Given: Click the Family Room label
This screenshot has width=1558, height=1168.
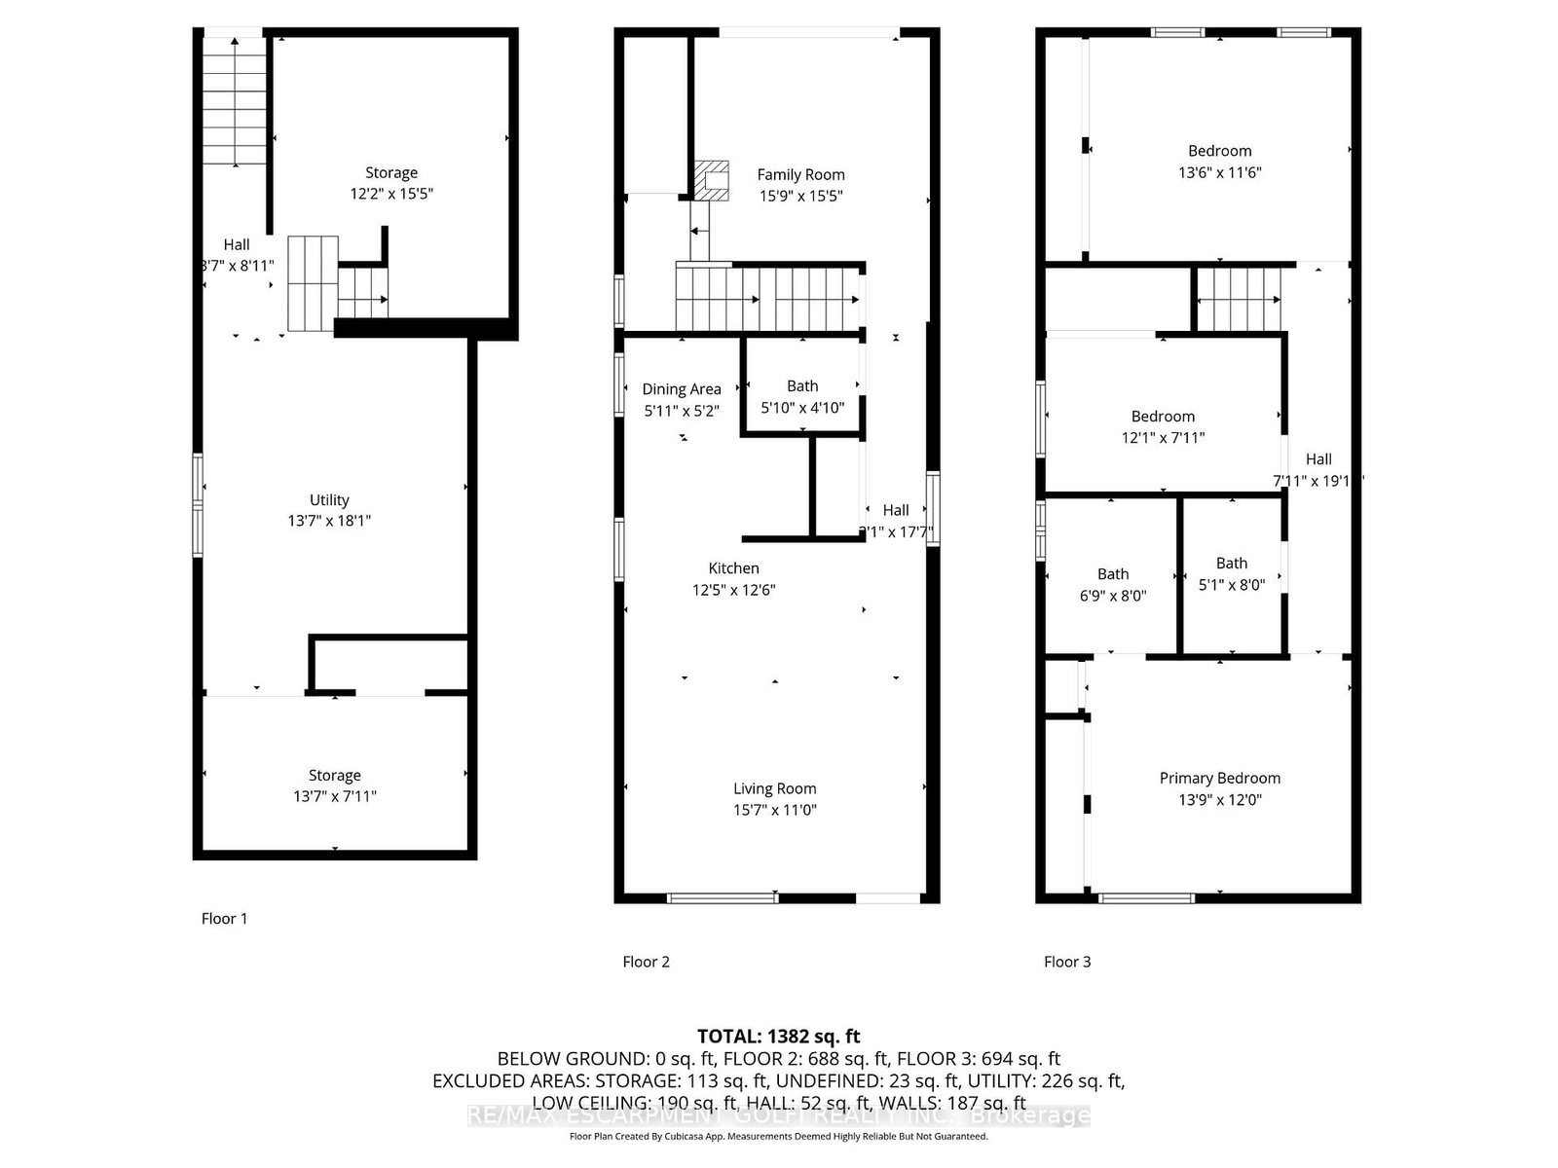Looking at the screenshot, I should click(800, 175).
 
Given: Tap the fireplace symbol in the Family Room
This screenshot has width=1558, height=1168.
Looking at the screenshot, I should click(712, 180).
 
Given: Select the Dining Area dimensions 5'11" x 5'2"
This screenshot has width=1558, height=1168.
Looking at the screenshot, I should click(682, 411).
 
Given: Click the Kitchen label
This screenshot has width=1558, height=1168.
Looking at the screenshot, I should click(733, 568).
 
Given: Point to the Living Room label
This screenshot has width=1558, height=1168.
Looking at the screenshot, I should click(774, 789).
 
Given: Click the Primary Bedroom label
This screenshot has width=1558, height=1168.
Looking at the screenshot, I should click(1219, 779).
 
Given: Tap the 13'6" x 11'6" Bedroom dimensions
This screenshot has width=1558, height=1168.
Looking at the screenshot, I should click(1219, 172).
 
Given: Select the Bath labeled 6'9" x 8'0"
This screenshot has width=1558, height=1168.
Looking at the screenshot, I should click(1113, 584).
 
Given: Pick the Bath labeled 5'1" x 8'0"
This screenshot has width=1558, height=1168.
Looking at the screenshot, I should click(1231, 573).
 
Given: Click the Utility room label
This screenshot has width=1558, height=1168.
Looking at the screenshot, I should click(329, 500).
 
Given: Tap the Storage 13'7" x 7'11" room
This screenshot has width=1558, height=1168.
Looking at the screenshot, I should click(334, 785).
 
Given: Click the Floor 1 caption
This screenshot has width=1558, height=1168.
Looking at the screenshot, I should click(224, 919).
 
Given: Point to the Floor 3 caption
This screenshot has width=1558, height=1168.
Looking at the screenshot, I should click(1067, 962).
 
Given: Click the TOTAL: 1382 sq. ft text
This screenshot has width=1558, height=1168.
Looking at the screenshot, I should click(778, 1037).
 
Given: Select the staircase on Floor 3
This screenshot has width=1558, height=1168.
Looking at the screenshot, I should click(1238, 300).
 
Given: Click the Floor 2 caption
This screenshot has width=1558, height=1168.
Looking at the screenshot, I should click(646, 962).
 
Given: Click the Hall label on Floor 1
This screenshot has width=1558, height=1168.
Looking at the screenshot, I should click(237, 245).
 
